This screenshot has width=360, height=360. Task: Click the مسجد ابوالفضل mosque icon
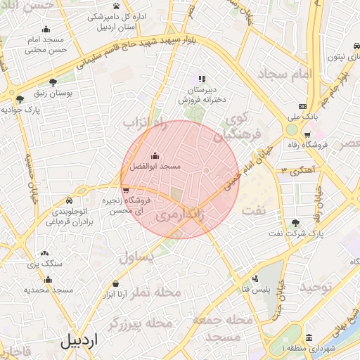155,155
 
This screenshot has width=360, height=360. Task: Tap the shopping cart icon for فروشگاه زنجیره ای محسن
125,190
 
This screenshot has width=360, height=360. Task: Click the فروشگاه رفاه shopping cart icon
307,134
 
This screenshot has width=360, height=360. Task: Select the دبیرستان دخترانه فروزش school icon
202,79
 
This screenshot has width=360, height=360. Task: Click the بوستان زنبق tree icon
53,82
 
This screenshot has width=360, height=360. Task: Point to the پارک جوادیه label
23,110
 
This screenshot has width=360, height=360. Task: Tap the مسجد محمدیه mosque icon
48,279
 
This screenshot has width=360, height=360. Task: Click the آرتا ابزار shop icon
115,284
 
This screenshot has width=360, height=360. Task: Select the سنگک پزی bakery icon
45,253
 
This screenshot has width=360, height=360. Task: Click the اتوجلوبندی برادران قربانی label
70,216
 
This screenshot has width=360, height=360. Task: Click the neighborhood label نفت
253,210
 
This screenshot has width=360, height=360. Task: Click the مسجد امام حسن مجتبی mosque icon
46,29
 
